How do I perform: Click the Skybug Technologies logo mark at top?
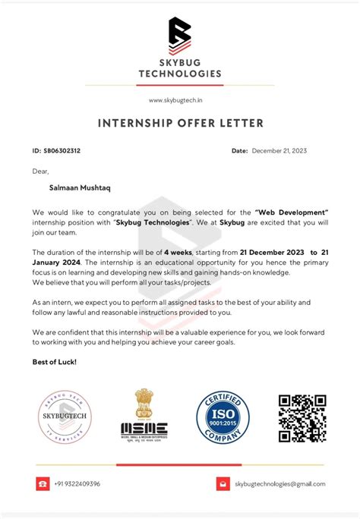(x=179, y=34)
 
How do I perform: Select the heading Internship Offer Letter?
(x=180, y=123)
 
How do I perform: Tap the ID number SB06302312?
(x=62, y=151)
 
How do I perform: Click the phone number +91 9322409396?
(x=77, y=483)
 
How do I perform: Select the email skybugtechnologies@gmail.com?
(x=279, y=483)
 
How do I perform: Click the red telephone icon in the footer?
(x=42, y=483)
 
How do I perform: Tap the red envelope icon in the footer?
(x=223, y=483)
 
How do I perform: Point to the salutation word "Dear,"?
(x=41, y=171)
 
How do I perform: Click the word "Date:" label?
(x=239, y=151)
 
